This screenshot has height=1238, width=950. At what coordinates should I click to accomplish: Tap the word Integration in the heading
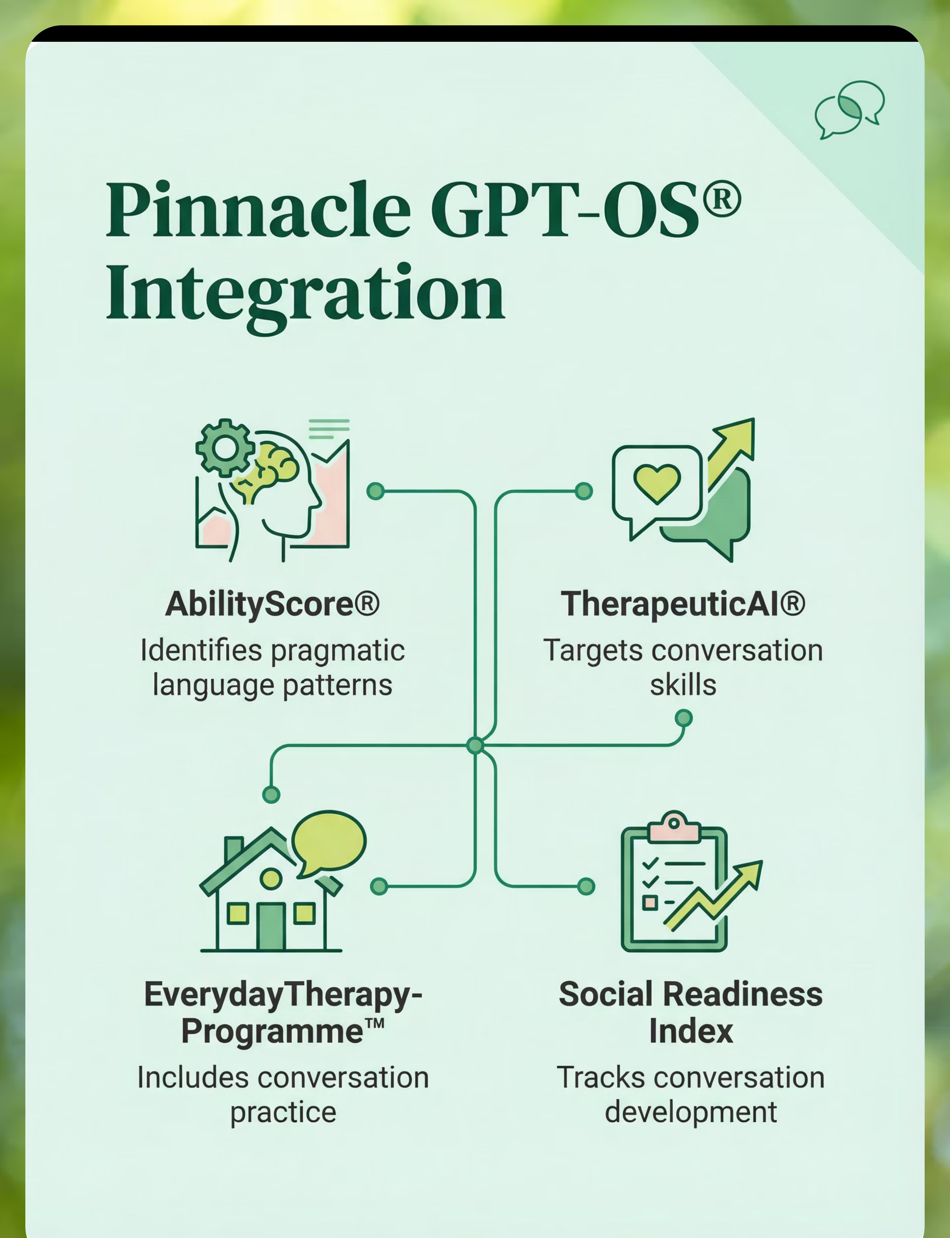click(305, 297)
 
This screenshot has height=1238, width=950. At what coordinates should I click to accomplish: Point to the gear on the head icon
click(225, 448)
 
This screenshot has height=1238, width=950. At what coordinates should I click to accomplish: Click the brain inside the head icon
click(266, 472)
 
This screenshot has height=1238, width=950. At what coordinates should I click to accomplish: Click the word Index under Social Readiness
click(691, 1031)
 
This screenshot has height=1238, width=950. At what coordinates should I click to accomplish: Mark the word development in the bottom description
click(691, 1112)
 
